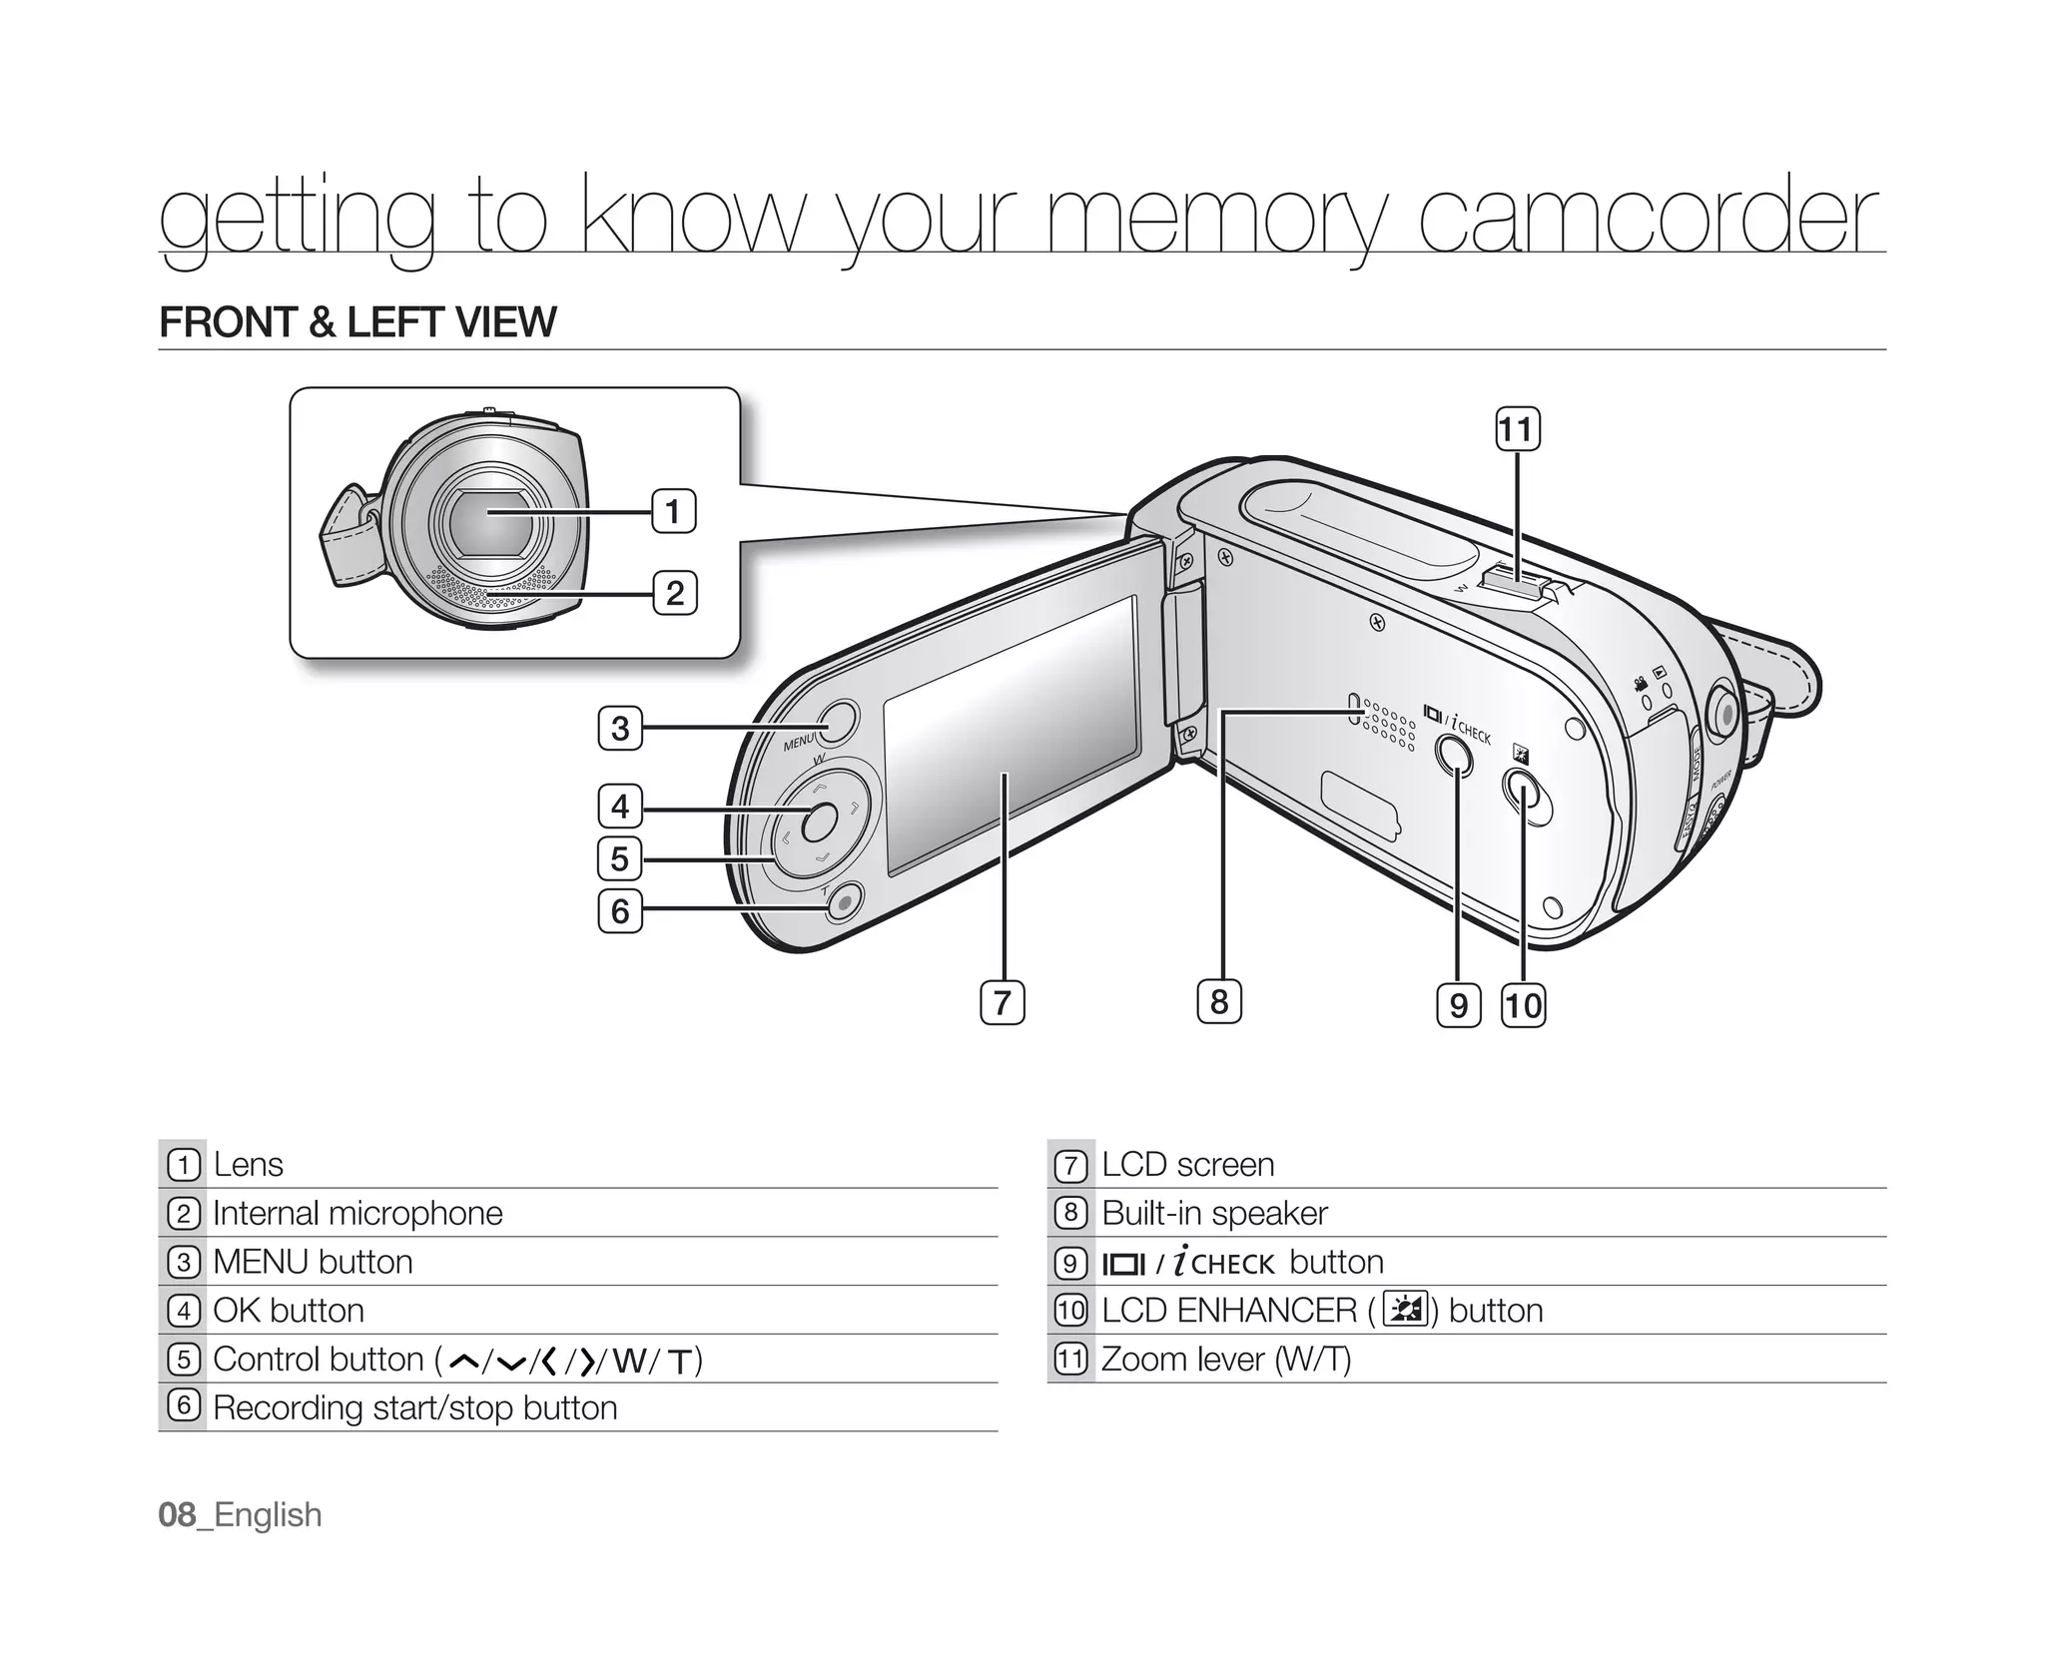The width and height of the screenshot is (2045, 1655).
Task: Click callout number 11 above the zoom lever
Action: (1516, 430)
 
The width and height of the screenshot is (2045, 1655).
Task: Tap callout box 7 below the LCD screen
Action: (1003, 1002)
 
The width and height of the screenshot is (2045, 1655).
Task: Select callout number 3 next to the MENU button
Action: (620, 728)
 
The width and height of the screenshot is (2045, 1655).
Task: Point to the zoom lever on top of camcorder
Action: (1515, 583)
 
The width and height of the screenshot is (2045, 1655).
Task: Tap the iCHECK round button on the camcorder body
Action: (1454, 756)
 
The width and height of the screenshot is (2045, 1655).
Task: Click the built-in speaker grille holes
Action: (1388, 725)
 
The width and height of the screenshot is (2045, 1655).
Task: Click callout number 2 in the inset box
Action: (675, 593)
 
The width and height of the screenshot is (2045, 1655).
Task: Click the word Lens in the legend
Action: (248, 1165)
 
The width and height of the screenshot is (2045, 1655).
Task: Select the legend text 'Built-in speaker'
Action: (1214, 1214)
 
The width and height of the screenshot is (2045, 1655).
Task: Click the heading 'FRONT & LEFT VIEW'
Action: (357, 322)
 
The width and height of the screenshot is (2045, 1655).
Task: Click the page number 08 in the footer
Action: (177, 1515)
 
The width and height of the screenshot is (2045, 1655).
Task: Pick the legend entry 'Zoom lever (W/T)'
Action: (1225, 1360)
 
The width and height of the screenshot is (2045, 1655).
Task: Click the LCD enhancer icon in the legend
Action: (1406, 1311)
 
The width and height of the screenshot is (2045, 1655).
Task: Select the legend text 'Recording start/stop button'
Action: (414, 1408)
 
